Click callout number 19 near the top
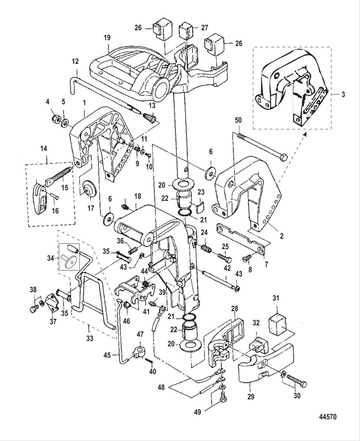(x=107, y=38)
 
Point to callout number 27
(x=204, y=28)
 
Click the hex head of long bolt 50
(x=283, y=158)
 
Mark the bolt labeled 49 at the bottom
(x=222, y=398)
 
